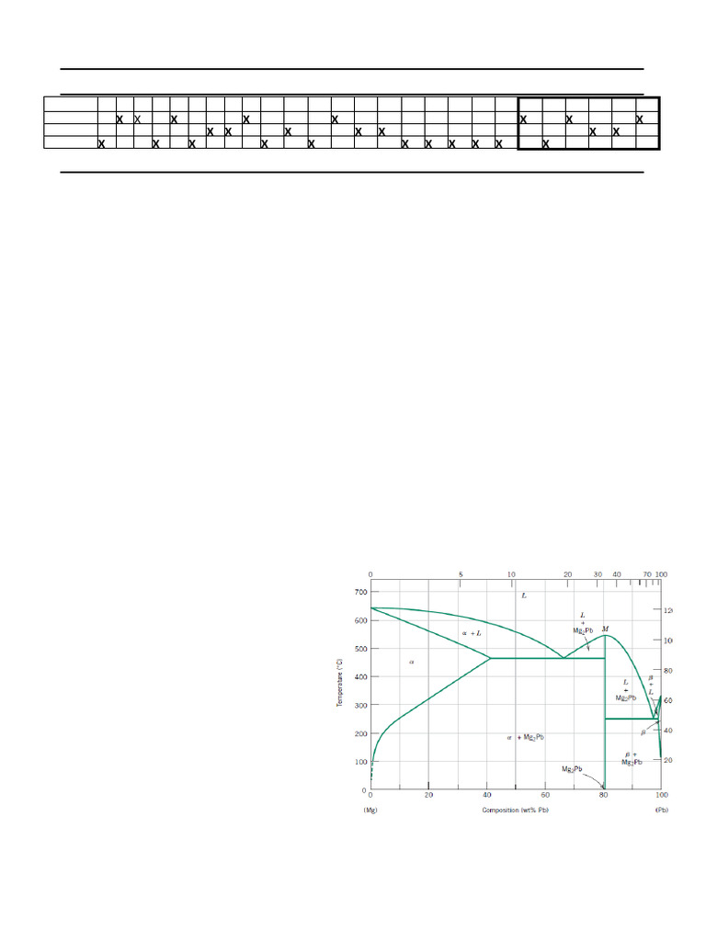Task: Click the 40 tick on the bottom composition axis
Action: point(486,796)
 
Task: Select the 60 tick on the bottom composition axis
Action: point(545,796)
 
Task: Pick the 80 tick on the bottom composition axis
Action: point(603,796)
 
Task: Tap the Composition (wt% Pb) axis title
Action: point(514,810)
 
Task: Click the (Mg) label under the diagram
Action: point(371,810)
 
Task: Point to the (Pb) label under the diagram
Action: point(660,810)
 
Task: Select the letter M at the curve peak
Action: point(605,629)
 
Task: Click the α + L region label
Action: point(471,633)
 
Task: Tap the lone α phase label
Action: point(411,662)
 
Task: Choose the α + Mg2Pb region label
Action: point(527,737)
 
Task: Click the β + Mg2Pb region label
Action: point(632,757)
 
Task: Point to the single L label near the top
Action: point(524,595)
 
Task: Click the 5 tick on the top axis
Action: point(461,574)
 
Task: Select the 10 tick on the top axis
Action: point(512,574)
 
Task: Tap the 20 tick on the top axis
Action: point(567,574)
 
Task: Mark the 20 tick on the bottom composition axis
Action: point(428,796)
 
